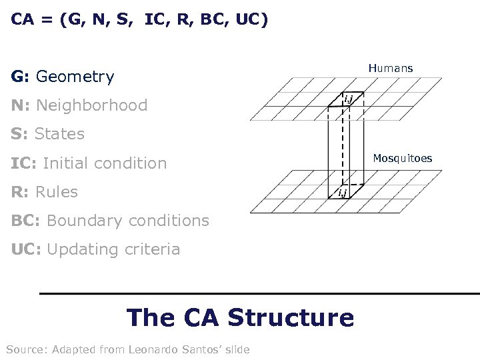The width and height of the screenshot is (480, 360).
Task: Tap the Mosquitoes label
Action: (402, 158)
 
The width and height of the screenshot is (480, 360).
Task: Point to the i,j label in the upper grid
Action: (348, 101)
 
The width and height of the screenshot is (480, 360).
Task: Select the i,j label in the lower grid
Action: (341, 193)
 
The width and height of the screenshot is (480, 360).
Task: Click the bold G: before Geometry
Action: (20, 77)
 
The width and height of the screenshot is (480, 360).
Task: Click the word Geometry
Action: (75, 77)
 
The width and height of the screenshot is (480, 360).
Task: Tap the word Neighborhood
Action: (91, 105)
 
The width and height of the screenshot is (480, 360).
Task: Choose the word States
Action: (59, 134)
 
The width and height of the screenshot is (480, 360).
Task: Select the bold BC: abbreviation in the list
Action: (26, 221)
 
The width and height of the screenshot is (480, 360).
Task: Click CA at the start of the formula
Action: (22, 19)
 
